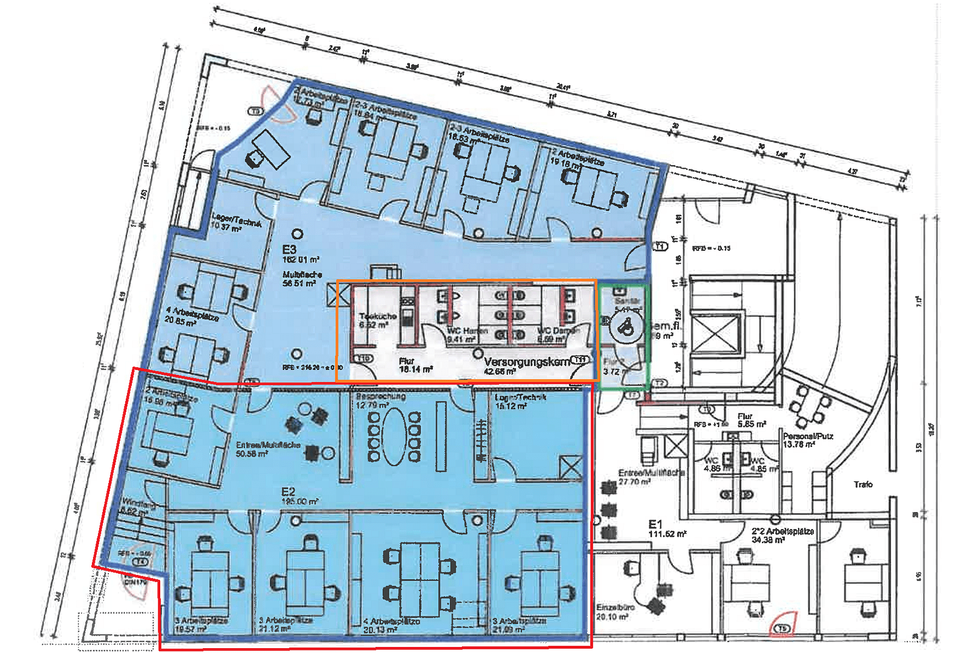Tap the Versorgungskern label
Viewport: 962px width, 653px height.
(x=527, y=362)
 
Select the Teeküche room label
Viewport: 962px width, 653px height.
(x=377, y=316)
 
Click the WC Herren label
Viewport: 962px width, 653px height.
(x=467, y=331)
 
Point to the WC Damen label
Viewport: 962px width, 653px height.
(x=557, y=331)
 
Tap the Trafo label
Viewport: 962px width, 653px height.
(x=863, y=484)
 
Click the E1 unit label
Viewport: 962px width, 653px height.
(x=655, y=524)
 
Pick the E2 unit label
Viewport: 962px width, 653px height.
(x=288, y=492)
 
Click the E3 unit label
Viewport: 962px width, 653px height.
(x=289, y=249)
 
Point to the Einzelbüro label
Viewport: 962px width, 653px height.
(x=615, y=607)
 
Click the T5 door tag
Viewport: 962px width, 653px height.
(x=784, y=629)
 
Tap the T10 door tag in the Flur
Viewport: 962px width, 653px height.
(x=365, y=358)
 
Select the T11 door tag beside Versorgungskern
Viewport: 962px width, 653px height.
(x=580, y=360)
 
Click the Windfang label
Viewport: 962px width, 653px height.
(x=138, y=503)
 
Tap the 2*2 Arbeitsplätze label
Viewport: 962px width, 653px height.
(x=782, y=531)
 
